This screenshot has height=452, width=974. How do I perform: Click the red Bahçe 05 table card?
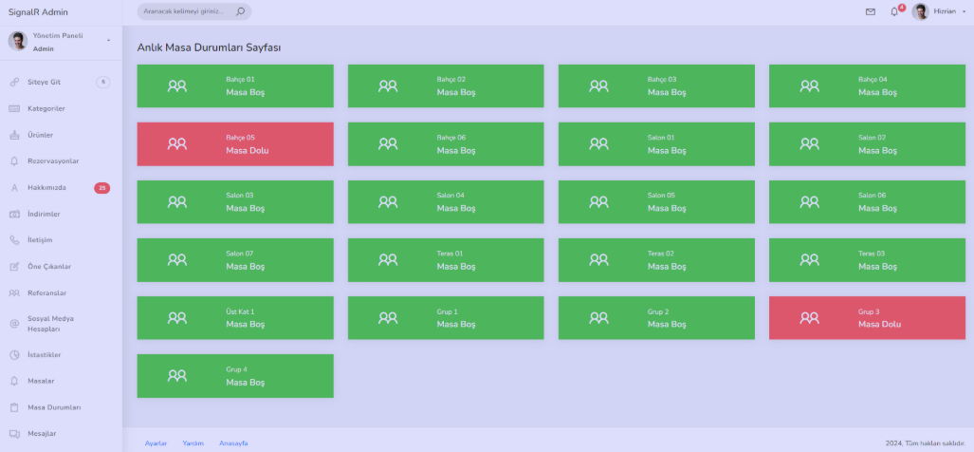235,143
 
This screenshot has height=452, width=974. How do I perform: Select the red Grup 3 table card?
867,318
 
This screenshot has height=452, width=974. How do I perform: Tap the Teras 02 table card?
656,260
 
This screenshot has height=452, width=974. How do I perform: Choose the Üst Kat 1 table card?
235,318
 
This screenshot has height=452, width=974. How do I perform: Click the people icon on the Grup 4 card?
177,375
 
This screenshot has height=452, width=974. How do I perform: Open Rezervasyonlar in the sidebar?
53,161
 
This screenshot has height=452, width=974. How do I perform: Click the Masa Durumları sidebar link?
54,407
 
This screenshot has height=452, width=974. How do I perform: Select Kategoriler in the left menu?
46,109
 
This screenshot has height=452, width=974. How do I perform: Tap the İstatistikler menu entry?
45,355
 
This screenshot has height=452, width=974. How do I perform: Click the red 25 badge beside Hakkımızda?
101,188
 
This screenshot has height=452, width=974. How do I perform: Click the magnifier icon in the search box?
240,11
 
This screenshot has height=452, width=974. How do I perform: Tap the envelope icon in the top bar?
871,11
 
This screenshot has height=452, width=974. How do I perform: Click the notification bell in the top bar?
894,11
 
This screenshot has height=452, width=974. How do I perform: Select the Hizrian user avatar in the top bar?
920,11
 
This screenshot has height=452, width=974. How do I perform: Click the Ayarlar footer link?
156,443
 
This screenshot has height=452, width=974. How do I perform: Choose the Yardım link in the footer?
193,443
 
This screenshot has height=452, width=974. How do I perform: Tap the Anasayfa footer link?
233,443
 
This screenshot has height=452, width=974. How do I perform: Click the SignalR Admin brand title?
38,11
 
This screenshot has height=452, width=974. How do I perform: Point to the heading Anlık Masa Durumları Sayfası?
209,47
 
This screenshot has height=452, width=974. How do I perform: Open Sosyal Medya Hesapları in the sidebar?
50,323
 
